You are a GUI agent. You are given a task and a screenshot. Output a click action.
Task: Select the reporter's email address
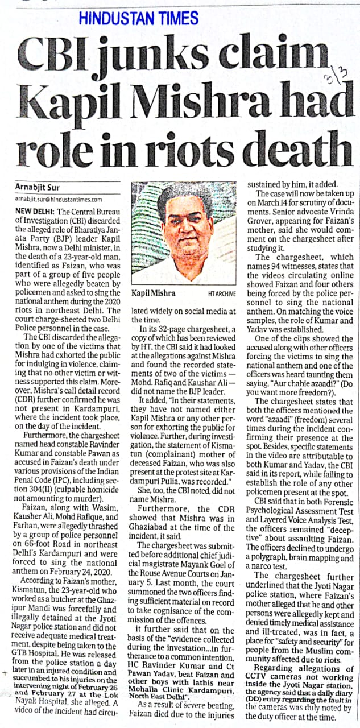point(59,200)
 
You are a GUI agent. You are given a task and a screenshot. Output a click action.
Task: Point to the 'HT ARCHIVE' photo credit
point(222,293)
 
